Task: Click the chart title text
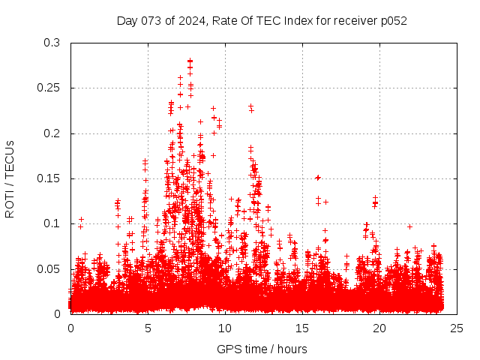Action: tap(262, 20)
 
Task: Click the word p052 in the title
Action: tap(392, 20)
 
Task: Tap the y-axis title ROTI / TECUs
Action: tap(10, 178)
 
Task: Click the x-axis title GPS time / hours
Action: tap(262, 349)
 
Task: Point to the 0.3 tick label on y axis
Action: tap(52, 43)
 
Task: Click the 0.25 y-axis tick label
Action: tap(49, 88)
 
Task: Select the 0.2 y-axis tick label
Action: tap(52, 133)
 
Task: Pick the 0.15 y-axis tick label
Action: tap(49, 178)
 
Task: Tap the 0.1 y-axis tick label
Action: tap(52, 223)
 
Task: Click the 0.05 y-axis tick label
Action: tap(49, 268)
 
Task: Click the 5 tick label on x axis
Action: tap(148, 328)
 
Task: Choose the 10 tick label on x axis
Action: tap(225, 328)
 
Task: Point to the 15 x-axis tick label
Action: tap(302, 328)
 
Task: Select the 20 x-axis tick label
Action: tap(379, 328)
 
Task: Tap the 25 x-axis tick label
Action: tap(457, 328)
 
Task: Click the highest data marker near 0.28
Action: tap(190, 61)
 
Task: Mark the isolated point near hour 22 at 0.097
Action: tap(409, 226)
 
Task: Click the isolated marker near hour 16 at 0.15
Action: tap(318, 178)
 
